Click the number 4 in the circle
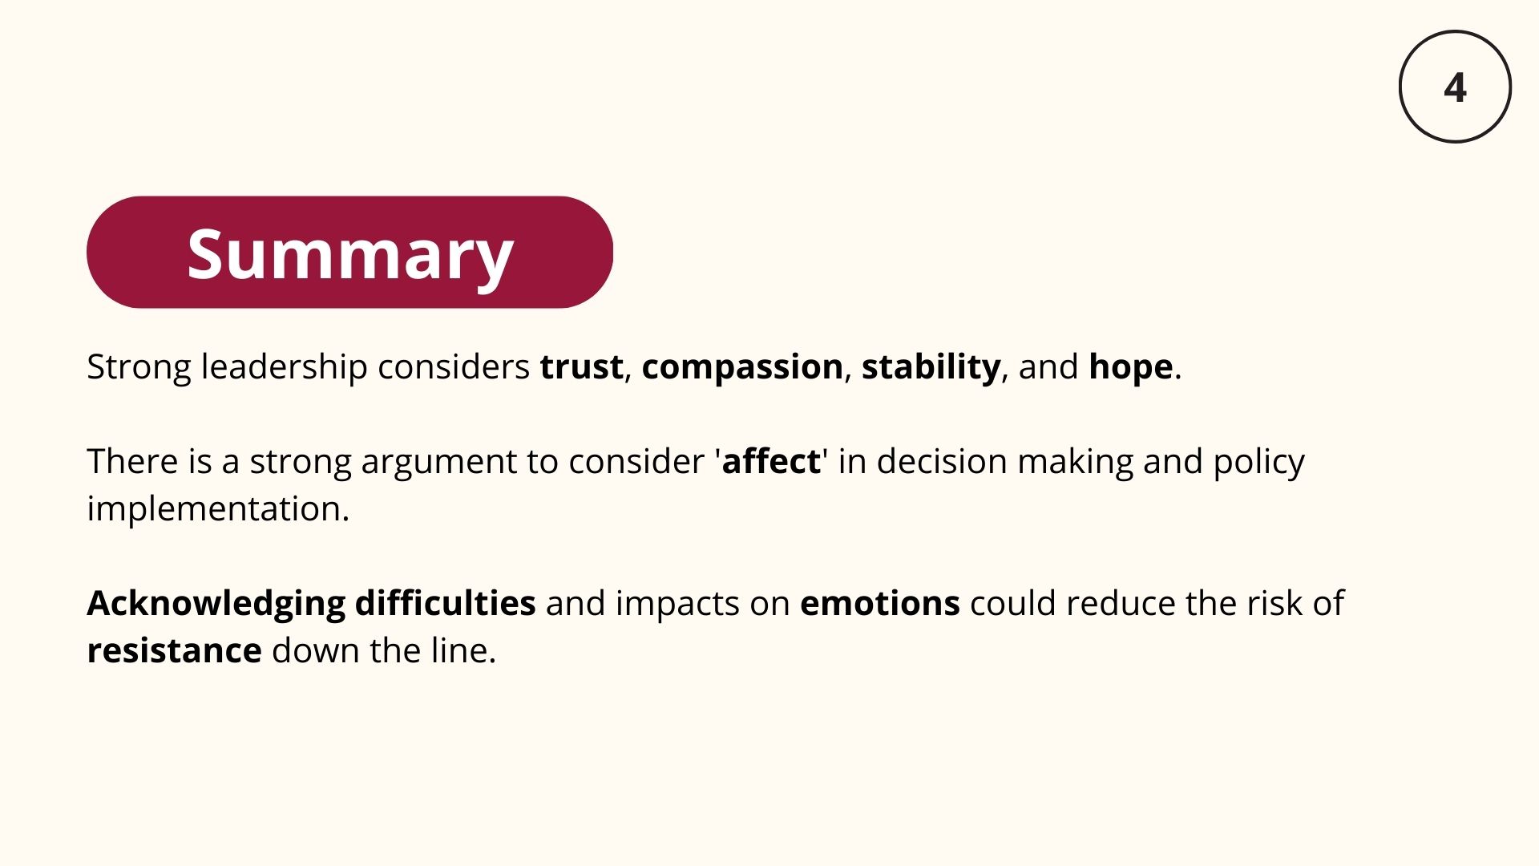click(x=1455, y=87)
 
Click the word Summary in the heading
click(x=350, y=254)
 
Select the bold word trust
click(x=581, y=366)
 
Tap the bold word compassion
click(x=742, y=368)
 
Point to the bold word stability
click(x=931, y=368)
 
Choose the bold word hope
click(x=1131, y=368)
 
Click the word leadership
click(x=285, y=368)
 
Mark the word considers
click(x=454, y=366)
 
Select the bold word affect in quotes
click(x=771, y=461)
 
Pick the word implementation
click(x=218, y=509)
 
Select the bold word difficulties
click(x=445, y=603)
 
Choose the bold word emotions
click(x=879, y=603)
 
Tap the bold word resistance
click(x=174, y=650)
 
